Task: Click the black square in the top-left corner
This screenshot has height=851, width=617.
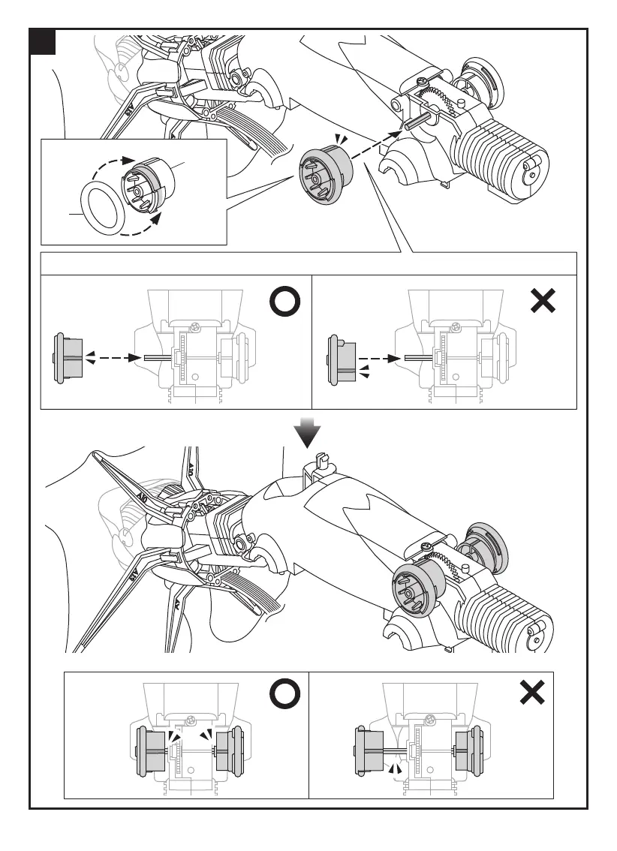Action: (x=44, y=43)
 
